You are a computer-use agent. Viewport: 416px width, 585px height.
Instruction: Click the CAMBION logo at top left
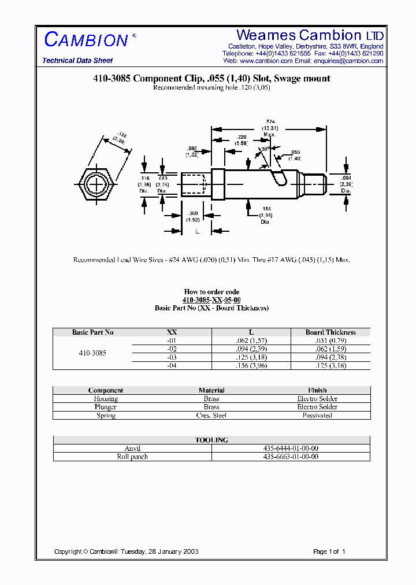click(x=86, y=40)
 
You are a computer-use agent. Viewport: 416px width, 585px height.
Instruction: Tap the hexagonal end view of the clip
click(x=96, y=184)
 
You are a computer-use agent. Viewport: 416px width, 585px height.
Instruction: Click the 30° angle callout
click(x=265, y=150)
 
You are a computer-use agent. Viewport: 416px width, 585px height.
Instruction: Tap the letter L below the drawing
click(x=198, y=232)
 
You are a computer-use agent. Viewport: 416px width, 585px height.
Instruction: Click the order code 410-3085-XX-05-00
click(x=211, y=300)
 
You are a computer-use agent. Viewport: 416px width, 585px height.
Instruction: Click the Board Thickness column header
click(x=330, y=332)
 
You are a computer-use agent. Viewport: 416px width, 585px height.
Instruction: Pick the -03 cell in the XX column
click(x=172, y=357)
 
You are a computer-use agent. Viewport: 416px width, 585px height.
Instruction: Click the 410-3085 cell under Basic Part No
click(x=92, y=353)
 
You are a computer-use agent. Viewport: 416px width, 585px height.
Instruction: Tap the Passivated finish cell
click(x=317, y=415)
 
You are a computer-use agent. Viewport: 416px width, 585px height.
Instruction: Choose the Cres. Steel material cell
click(x=211, y=415)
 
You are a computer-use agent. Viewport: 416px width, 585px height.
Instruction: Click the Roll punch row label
click(x=132, y=457)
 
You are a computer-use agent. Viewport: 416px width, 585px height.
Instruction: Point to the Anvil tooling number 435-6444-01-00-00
click(x=291, y=449)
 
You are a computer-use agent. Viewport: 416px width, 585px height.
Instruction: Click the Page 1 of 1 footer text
click(x=329, y=551)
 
